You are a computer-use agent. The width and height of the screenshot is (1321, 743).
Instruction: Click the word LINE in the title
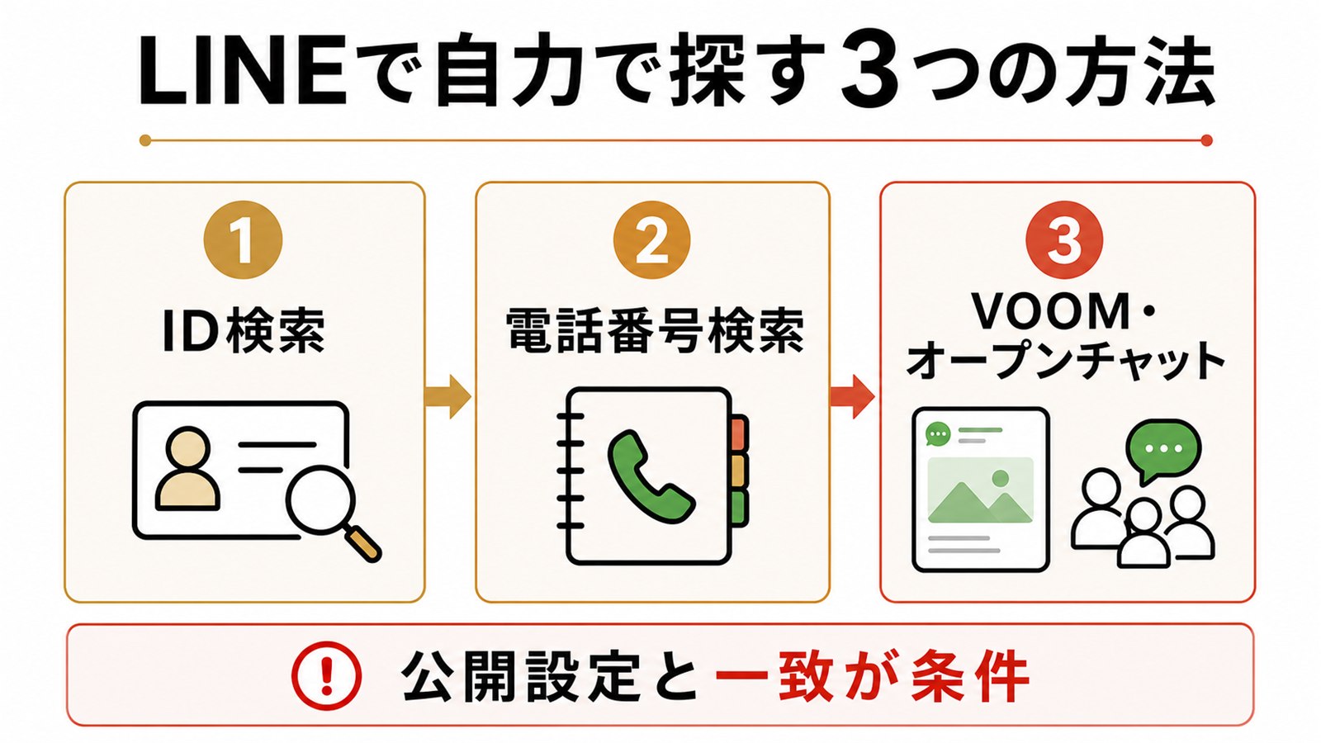click(241, 71)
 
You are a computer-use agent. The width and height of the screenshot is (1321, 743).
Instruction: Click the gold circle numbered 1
click(243, 239)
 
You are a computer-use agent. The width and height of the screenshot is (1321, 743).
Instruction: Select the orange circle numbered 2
click(651, 239)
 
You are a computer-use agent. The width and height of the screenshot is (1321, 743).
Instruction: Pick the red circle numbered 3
click(1064, 239)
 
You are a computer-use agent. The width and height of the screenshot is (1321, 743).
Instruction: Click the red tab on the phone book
click(740, 433)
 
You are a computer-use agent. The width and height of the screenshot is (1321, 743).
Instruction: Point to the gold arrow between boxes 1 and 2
click(448, 396)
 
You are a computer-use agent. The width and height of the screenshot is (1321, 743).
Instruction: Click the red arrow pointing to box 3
click(852, 396)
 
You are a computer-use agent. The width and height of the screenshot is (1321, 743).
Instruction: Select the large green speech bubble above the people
click(1163, 449)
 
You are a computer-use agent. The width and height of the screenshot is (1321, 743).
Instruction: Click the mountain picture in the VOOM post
click(980, 490)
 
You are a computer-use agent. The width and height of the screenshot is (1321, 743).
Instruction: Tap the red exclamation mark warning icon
click(327, 674)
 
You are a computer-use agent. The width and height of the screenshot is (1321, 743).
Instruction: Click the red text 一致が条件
click(872, 675)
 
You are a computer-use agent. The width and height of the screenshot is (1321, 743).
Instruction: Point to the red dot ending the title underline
click(1206, 140)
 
